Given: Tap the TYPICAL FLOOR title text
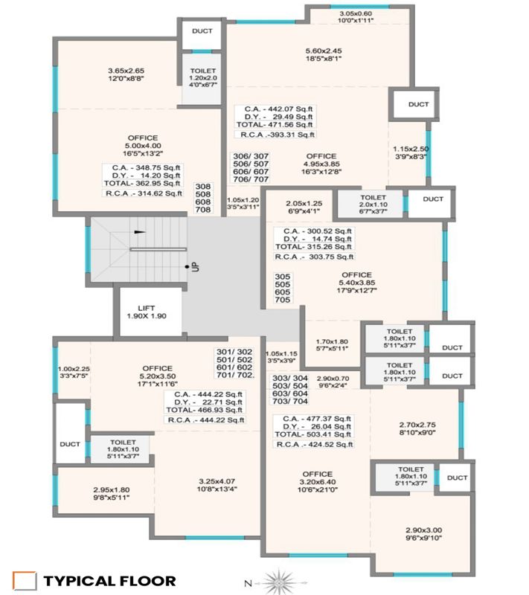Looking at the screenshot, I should [x=109, y=581].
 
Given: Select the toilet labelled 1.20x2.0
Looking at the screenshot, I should [x=203, y=77].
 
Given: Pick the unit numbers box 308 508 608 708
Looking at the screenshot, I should [x=202, y=198].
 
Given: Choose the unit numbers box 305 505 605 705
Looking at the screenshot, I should [x=283, y=288].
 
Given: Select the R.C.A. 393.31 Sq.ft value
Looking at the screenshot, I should [x=276, y=135].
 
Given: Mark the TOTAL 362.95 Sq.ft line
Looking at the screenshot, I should [x=142, y=183].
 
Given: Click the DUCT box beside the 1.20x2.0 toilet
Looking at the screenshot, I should [x=202, y=30].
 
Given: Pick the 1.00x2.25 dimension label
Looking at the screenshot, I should [x=72, y=373].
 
